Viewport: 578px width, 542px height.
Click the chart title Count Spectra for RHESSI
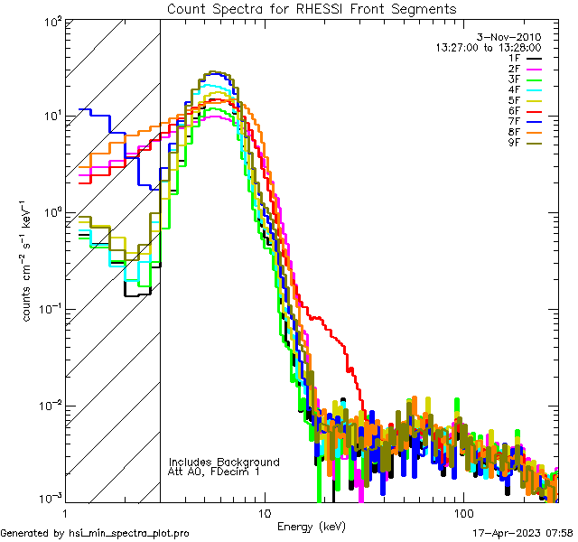click(x=312, y=9)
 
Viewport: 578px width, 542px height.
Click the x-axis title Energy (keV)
click(x=311, y=527)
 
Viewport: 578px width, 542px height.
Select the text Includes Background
click(x=224, y=463)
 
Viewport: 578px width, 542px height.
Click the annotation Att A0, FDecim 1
click(x=214, y=472)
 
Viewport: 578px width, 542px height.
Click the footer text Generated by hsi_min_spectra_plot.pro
click(x=95, y=534)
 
